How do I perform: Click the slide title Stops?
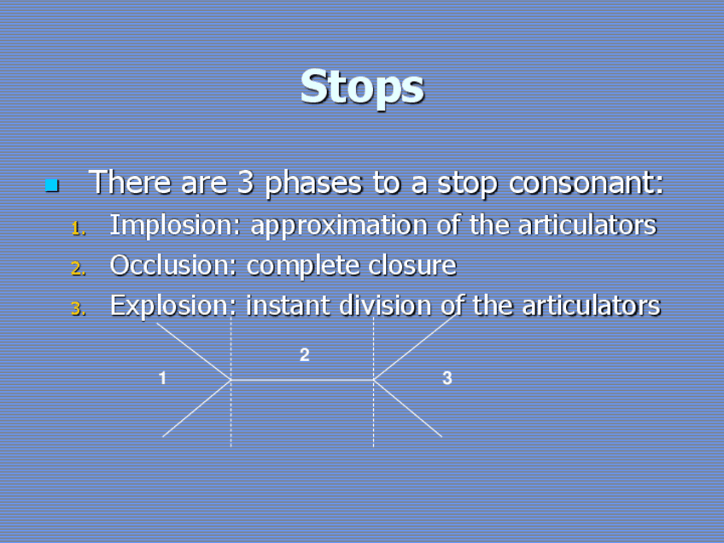tap(362, 88)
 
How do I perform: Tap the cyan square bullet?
tap(52, 185)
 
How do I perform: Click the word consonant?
tap(586, 183)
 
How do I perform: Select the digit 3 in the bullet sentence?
tap(246, 182)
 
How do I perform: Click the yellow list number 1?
tap(79, 229)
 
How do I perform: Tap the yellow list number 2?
tap(79, 268)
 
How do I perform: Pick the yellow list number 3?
tap(79, 308)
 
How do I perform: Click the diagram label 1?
tap(162, 377)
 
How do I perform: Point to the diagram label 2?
tap(304, 354)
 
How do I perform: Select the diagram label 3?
tap(447, 377)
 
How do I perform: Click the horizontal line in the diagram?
tap(302, 380)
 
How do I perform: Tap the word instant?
tap(288, 306)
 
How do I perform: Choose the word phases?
tap(313, 183)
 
